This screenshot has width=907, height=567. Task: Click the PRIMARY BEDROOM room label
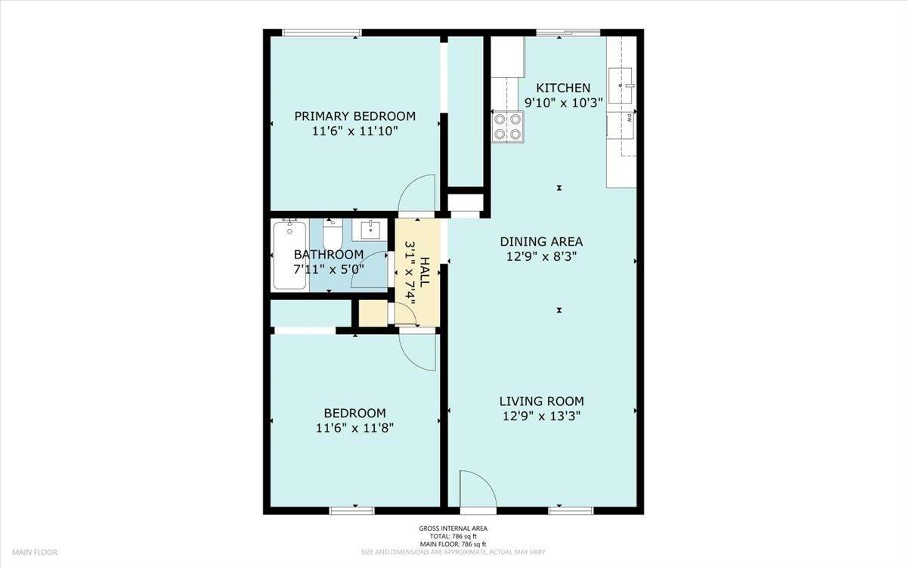(x=354, y=116)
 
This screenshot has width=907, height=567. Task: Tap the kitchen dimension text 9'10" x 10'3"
(x=564, y=103)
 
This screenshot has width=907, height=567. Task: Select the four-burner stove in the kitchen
(x=508, y=126)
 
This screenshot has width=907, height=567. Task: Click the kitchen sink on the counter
(x=621, y=85)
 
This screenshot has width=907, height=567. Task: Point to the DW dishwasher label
(x=629, y=118)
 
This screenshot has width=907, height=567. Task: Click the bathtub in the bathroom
(x=289, y=254)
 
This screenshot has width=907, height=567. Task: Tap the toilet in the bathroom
(x=333, y=234)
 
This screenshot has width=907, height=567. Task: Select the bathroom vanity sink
(x=370, y=230)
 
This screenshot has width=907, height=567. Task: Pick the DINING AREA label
(x=541, y=242)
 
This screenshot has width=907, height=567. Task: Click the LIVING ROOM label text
(x=541, y=401)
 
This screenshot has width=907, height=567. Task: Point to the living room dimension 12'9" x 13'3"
(x=541, y=417)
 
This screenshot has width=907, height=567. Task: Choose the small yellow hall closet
(x=373, y=313)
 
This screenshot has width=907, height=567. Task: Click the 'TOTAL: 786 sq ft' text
(x=453, y=537)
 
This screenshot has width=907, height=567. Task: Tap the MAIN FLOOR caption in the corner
(x=35, y=552)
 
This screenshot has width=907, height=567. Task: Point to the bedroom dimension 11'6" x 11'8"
(x=354, y=429)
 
